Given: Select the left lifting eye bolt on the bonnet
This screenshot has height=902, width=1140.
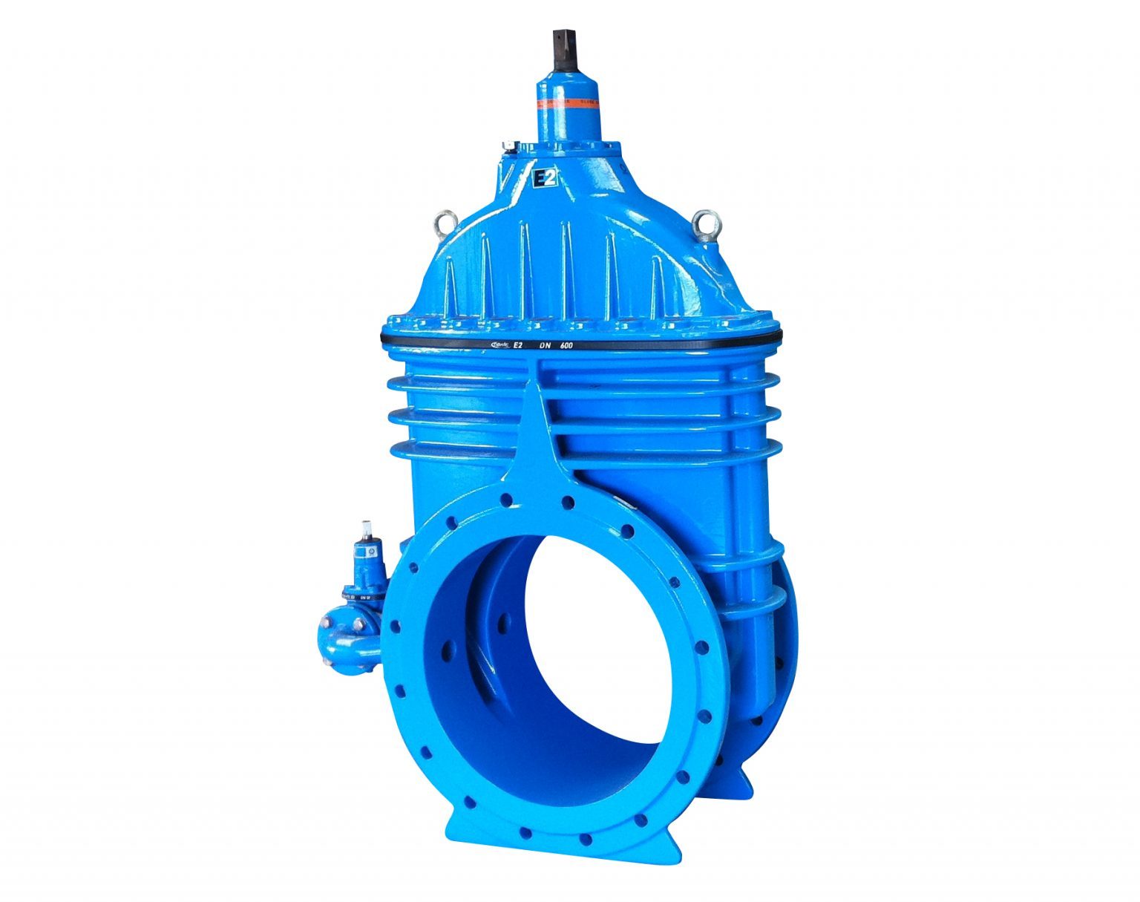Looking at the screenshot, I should click(x=444, y=220).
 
